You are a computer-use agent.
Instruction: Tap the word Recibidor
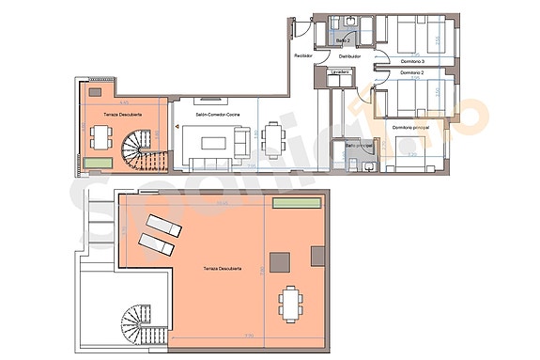(x=302, y=56)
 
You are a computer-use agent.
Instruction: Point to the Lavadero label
(x=340, y=72)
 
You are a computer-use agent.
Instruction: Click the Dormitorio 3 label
(x=412, y=58)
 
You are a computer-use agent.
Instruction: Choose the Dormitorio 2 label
(x=412, y=73)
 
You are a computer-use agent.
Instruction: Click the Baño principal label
(x=359, y=146)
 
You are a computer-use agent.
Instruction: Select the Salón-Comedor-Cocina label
(x=216, y=113)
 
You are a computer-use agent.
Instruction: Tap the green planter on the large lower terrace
(x=292, y=203)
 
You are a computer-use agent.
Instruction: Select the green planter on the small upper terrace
(x=96, y=164)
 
